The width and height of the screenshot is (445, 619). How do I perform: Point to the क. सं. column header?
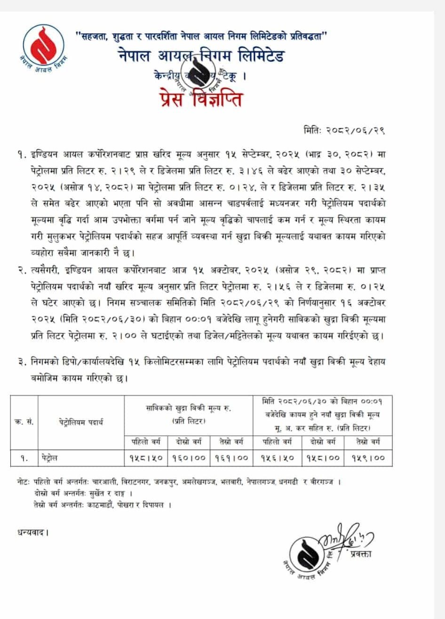(x=24, y=422)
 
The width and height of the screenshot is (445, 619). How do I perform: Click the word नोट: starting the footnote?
(x=22, y=483)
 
